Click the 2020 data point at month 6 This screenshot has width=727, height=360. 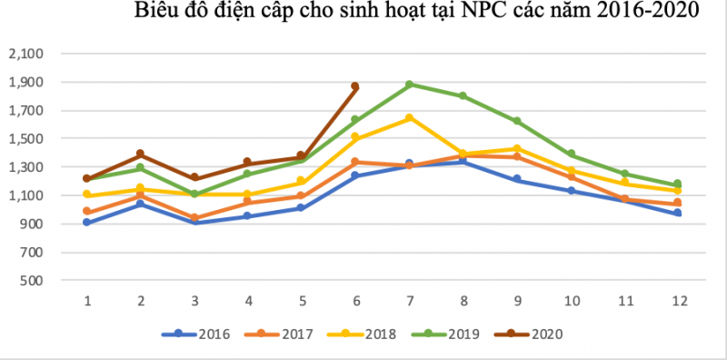pyautogui.click(x=355, y=86)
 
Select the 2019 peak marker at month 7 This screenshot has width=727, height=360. pyautogui.click(x=410, y=85)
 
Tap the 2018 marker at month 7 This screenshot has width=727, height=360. pyautogui.click(x=410, y=118)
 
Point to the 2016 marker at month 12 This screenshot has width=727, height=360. pyautogui.click(x=678, y=213)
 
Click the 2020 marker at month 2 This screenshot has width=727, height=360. pyautogui.click(x=141, y=155)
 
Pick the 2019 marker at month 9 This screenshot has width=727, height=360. pyautogui.click(x=517, y=121)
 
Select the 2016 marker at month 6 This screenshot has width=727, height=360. pyautogui.click(x=355, y=175)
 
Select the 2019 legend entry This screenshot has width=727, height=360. pyautogui.click(x=453, y=335)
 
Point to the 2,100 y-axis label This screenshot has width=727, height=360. pyautogui.click(x=25, y=55)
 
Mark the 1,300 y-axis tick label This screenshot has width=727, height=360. pyautogui.click(x=25, y=167)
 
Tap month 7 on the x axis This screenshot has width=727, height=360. pyautogui.click(x=410, y=300)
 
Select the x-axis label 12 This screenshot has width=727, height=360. pyautogui.click(x=678, y=300)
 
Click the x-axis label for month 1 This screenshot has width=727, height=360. pyautogui.click(x=87, y=300)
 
